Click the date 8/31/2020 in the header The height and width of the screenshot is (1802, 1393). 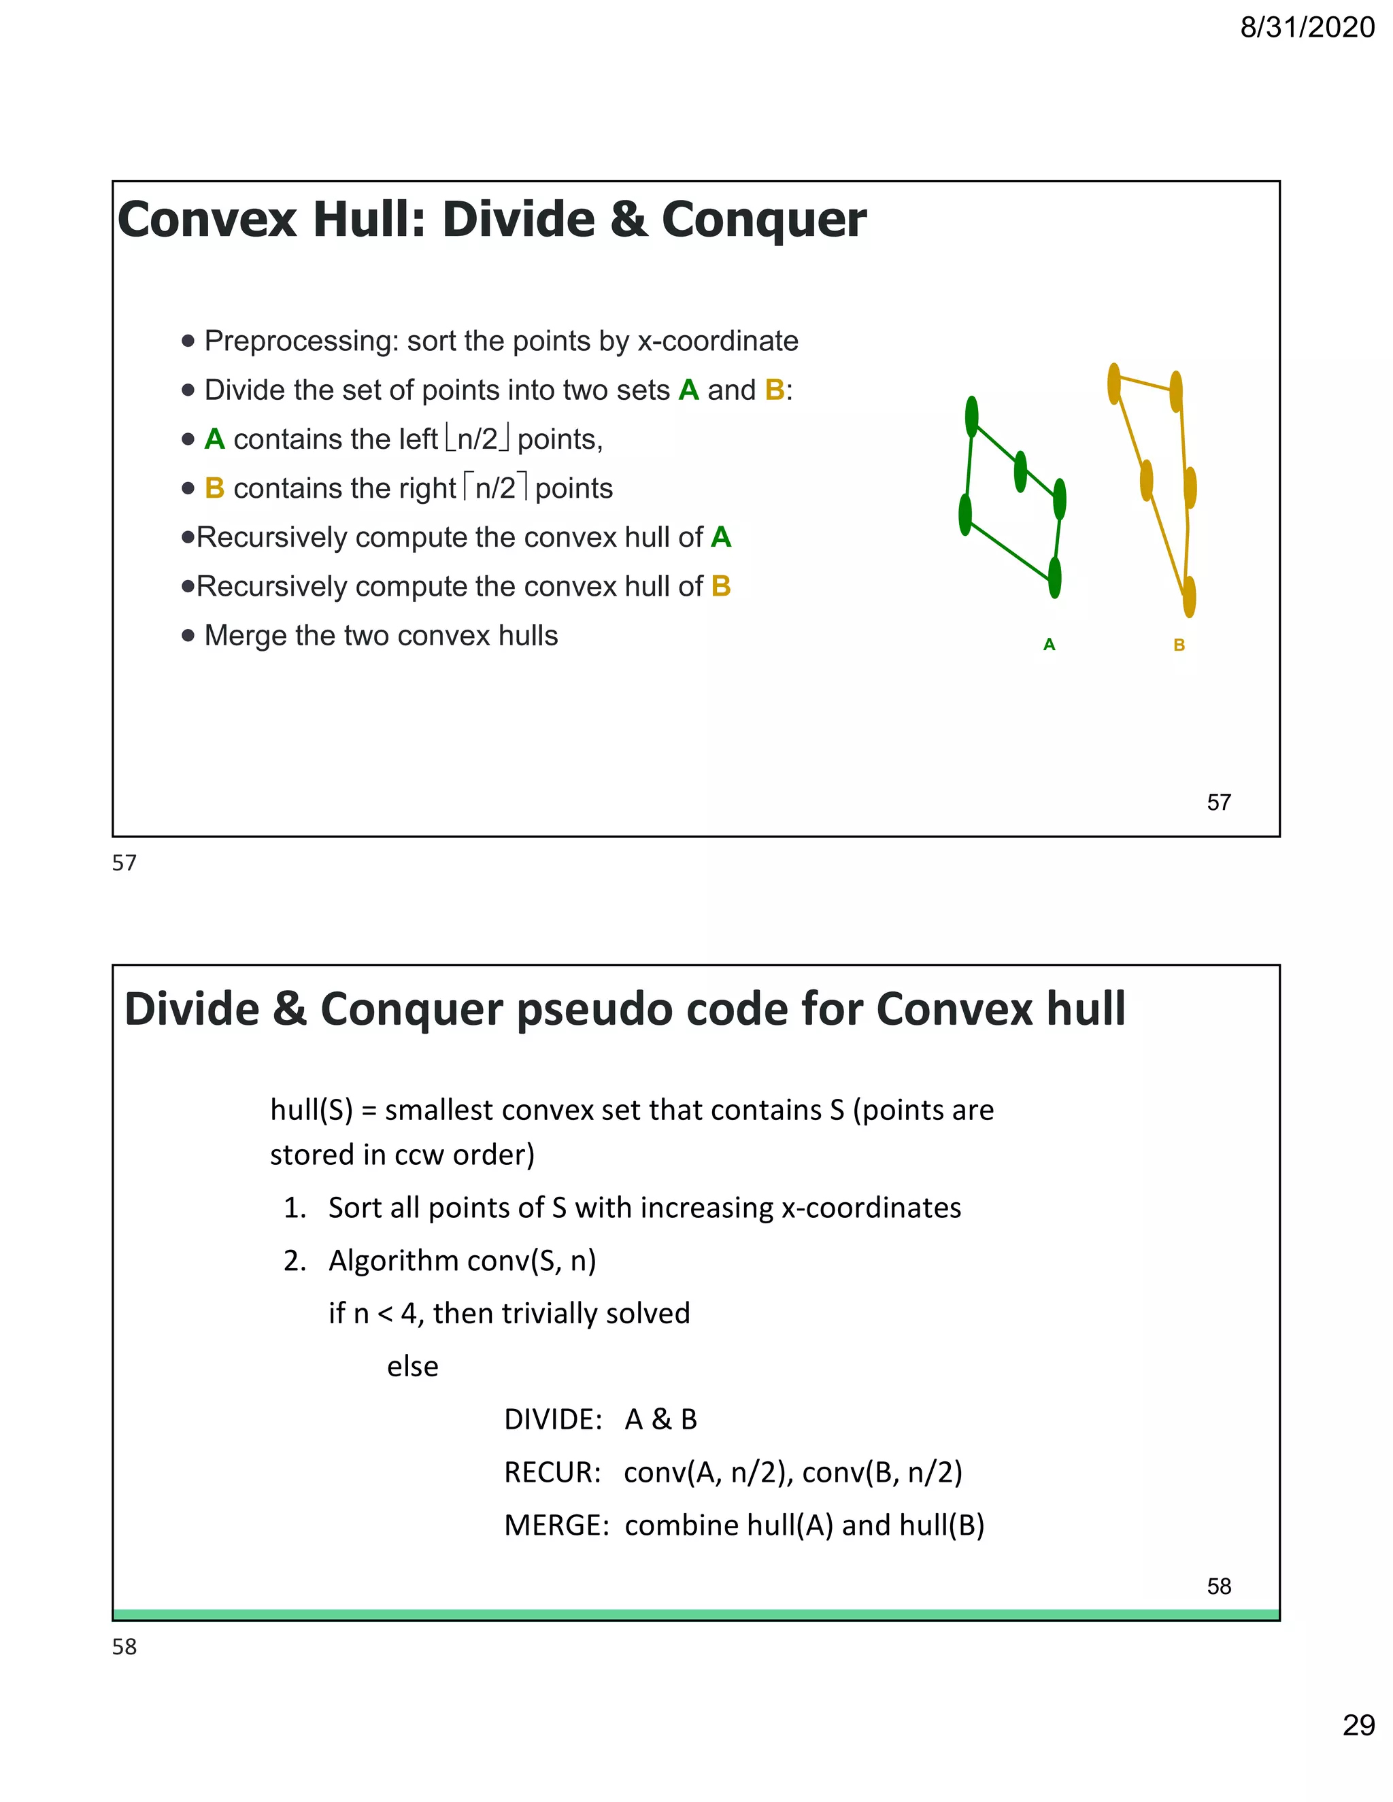pos(1307,27)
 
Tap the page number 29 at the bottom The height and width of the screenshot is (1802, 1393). pos(1358,1724)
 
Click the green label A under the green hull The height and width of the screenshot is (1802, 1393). pos(1049,645)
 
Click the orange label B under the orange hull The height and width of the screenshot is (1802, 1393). pos(1179,645)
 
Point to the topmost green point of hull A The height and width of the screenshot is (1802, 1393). pos(971,417)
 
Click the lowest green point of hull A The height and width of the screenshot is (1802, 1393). pos(1055,577)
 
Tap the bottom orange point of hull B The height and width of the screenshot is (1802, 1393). pos(1189,596)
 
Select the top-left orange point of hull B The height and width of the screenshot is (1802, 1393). pos(1114,384)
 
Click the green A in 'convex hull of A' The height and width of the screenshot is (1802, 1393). pos(720,537)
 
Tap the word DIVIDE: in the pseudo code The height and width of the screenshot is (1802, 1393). pos(553,1419)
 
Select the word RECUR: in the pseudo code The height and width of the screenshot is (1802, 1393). pos(552,1472)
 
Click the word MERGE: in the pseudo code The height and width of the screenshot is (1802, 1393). pos(556,1525)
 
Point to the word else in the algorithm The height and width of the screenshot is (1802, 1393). pos(413,1366)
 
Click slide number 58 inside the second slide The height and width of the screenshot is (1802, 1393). pos(1218,1586)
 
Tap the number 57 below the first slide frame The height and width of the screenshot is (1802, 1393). pos(124,863)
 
